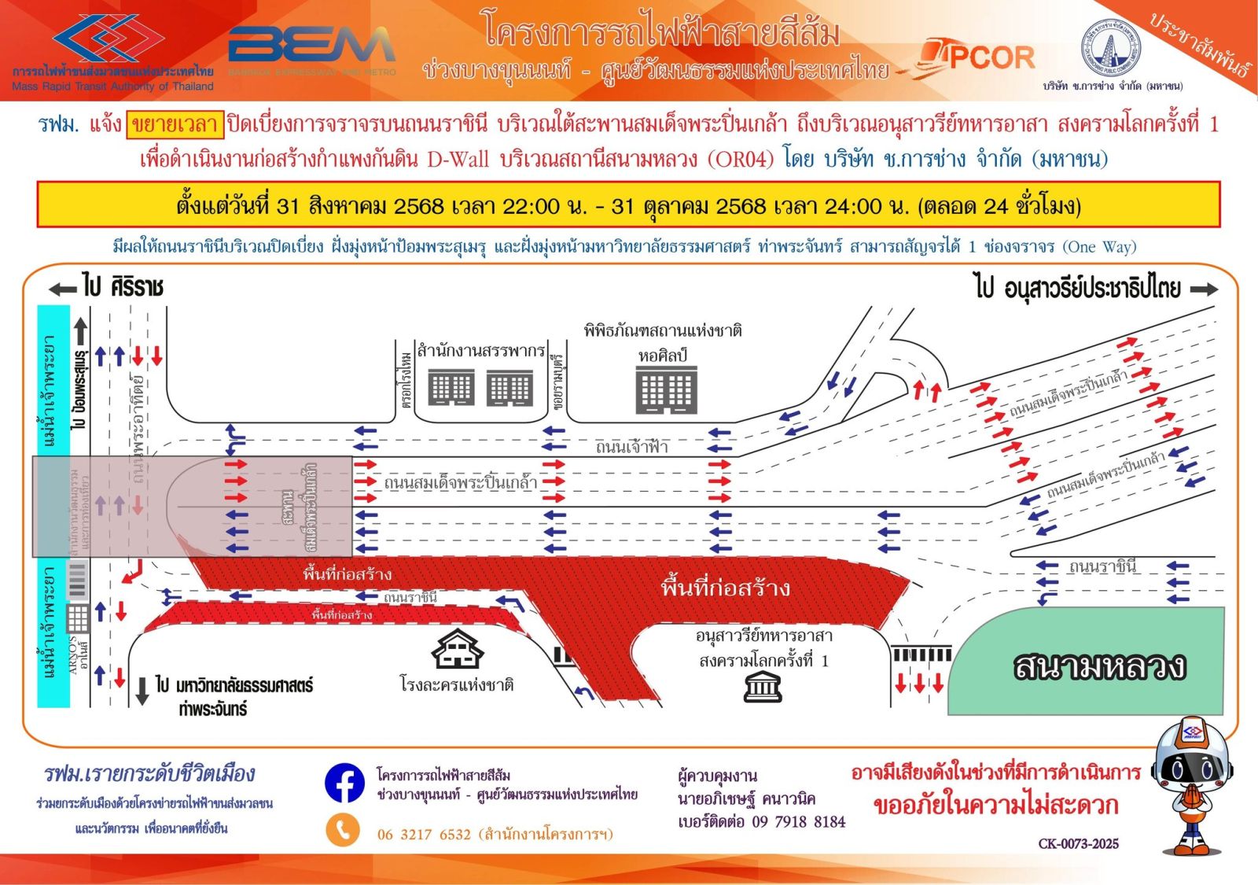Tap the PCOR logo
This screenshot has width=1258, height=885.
point(980,57)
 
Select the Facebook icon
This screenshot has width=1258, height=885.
point(344,784)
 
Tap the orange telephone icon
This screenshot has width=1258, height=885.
point(343,831)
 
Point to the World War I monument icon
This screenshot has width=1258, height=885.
point(762,687)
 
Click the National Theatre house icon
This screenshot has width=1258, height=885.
point(457,650)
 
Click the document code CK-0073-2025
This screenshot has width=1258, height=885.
point(1078,844)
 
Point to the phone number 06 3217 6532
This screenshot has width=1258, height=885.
point(424,835)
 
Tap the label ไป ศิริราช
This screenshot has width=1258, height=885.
point(122,288)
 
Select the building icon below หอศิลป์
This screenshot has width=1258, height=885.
point(666,391)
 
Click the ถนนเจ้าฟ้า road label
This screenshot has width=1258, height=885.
point(631,447)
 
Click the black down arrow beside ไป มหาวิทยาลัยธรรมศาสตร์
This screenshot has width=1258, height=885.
point(142,691)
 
